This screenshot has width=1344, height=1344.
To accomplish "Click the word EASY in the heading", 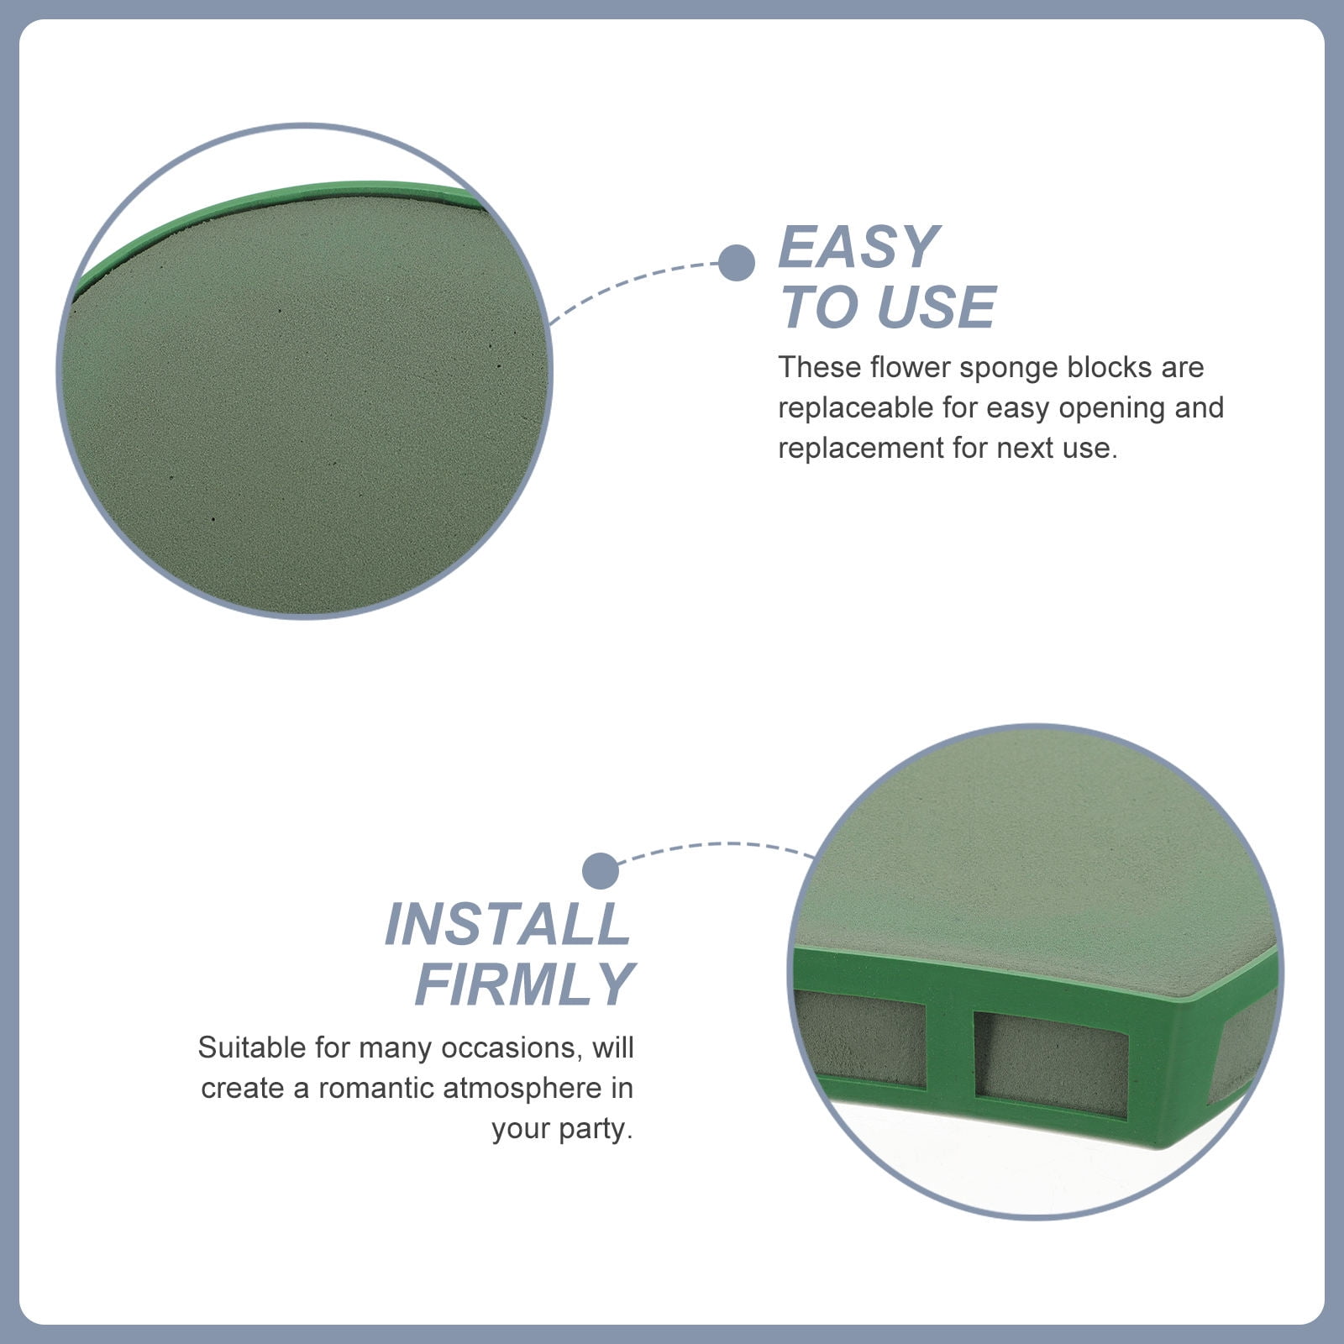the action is [x=858, y=247].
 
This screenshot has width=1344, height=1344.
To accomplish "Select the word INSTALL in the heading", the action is [x=508, y=924].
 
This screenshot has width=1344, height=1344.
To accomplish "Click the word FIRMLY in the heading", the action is [x=524, y=984].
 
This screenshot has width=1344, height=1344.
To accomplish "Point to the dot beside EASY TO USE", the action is [x=737, y=263].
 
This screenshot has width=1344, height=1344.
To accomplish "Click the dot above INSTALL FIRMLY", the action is [x=601, y=871].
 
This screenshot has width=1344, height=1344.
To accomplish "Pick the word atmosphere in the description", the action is [x=522, y=1089].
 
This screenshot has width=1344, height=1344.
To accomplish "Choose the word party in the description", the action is [x=596, y=1130].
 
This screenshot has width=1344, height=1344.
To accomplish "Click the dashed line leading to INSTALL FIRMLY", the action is [x=714, y=845].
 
